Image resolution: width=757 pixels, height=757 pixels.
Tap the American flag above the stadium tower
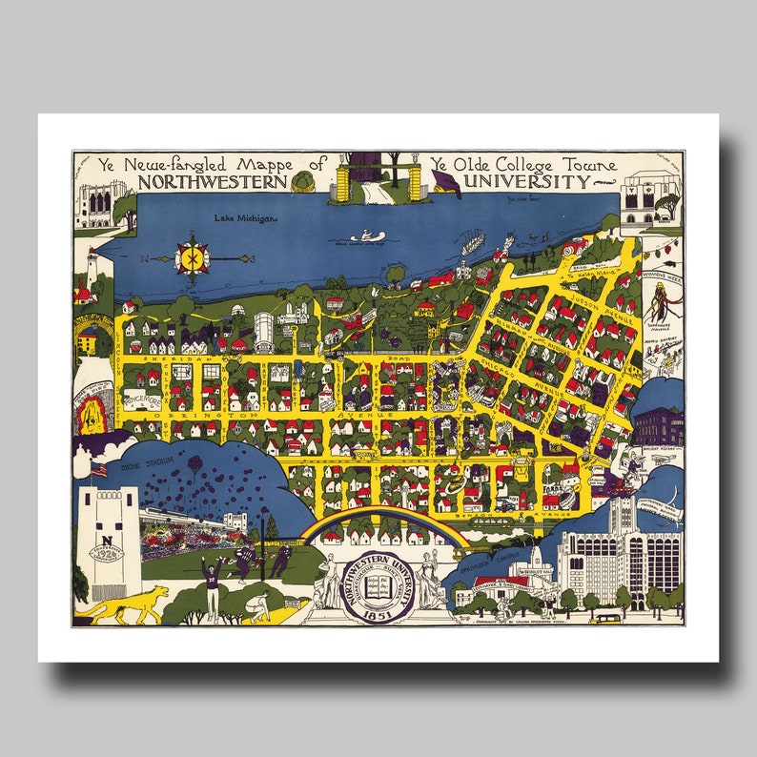point(97,470)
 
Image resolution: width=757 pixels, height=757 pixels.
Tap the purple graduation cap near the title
point(444,182)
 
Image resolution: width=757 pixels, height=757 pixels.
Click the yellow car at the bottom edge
point(603,618)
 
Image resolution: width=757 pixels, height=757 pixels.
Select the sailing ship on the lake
point(472,243)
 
